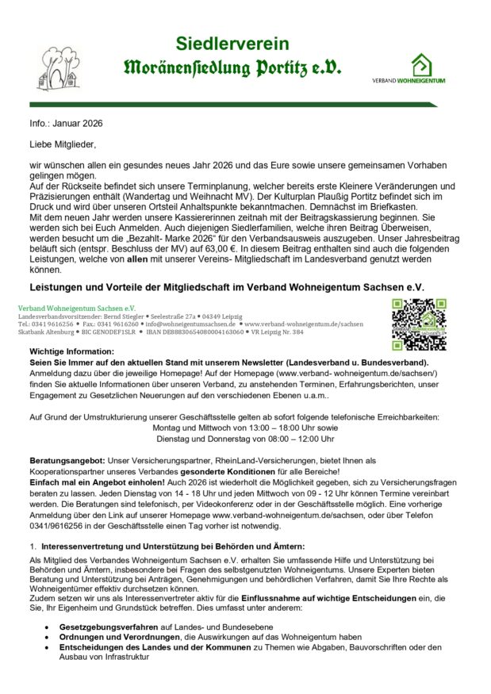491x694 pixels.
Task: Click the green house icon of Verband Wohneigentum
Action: pyautogui.click(x=420, y=64)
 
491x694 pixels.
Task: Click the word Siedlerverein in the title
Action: pyautogui.click(x=232, y=44)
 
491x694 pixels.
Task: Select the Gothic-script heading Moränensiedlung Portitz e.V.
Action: pyautogui.click(x=232, y=68)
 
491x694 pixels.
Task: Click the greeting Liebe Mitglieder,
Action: pyautogui.click(x=63, y=144)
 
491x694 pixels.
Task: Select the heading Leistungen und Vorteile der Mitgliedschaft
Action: pyautogui.click(x=228, y=286)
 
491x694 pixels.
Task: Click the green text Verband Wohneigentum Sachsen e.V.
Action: pyautogui.click(x=76, y=308)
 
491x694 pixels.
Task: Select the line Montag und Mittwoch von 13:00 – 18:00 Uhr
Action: pyautogui.click(x=238, y=427)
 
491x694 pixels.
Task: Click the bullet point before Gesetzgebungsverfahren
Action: pyautogui.click(x=48, y=627)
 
